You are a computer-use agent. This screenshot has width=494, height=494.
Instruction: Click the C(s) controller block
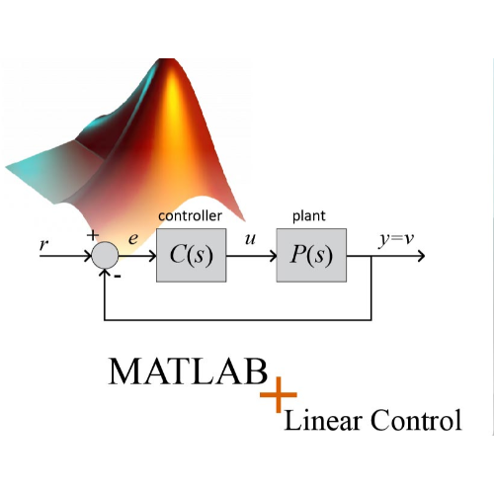pos(192,255)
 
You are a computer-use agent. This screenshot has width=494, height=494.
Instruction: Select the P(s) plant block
pos(311,255)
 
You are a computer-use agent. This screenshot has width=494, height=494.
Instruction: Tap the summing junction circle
pos(105,255)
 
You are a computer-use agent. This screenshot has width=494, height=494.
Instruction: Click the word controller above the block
pos(190,216)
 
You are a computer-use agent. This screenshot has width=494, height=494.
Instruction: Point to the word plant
pos(309,216)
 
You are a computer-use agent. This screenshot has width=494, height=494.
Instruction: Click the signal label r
pos(43,244)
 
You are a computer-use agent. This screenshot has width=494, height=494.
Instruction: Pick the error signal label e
pos(133,239)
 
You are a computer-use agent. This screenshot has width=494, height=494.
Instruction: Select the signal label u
pos(250,239)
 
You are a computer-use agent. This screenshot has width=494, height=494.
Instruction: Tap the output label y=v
pos(396,239)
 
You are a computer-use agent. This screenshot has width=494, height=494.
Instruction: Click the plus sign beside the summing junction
pos(93,235)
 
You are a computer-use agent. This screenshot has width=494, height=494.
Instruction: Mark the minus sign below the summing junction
pos(118,277)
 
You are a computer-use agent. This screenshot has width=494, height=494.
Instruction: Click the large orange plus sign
pos(279,394)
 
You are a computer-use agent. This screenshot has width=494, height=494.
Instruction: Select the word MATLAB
pos(188,371)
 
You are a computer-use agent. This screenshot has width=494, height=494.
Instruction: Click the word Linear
pos(322,420)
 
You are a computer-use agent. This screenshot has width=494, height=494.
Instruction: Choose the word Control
pos(416,420)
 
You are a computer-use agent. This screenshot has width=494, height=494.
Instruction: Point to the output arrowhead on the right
pos(421,256)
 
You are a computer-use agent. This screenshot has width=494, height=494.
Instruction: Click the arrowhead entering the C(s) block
pos(152,256)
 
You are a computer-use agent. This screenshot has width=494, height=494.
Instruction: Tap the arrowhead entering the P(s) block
pos(273,256)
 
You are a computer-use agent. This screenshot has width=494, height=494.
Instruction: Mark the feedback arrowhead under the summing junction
pos(105,273)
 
